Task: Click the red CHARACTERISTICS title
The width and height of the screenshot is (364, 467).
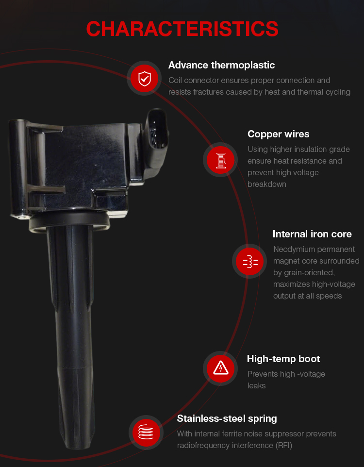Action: tap(182, 29)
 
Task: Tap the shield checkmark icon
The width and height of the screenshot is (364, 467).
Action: tap(145, 79)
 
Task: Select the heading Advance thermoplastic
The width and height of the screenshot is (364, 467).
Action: tap(221, 65)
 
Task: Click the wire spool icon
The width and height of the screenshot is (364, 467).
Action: tap(220, 160)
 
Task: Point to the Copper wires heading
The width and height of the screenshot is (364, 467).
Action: tap(278, 134)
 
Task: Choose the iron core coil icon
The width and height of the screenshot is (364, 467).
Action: tap(250, 262)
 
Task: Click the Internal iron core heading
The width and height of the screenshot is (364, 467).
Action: tap(312, 234)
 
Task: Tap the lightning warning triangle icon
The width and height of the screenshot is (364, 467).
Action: tap(220, 368)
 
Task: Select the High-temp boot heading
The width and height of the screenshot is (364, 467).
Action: tap(283, 359)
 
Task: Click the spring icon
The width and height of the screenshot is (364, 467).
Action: tap(146, 432)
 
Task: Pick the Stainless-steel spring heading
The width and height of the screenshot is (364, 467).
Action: tap(227, 418)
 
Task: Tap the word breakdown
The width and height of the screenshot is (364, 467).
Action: tap(266, 184)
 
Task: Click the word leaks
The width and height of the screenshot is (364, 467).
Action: tap(256, 386)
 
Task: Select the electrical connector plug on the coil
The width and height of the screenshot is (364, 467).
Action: tap(156, 143)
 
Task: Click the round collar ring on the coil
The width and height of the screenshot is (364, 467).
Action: tap(69, 220)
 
